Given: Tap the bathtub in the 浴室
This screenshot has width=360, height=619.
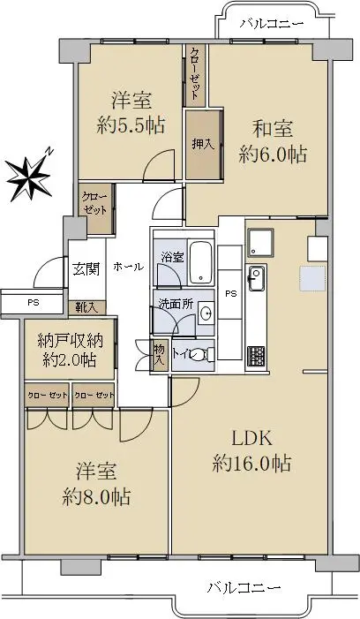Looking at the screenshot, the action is pyautogui.click(x=201, y=262).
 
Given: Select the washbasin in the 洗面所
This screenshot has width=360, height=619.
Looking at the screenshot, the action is pyautogui.click(x=206, y=313).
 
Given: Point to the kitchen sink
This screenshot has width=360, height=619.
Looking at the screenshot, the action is pyautogui.click(x=256, y=278).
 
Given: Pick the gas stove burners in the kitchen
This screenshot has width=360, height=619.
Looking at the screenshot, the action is pyautogui.click(x=256, y=358).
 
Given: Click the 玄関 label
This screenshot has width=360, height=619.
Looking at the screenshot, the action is pyautogui.click(x=86, y=269).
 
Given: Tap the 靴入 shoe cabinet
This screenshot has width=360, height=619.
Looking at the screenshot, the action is pyautogui.click(x=87, y=307).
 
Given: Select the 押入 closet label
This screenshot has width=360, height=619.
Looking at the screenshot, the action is pyautogui.click(x=203, y=145).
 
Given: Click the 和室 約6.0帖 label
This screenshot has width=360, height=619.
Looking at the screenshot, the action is pyautogui.click(x=273, y=141).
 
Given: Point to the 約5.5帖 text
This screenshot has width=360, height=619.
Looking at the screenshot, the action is pyautogui.click(x=131, y=125).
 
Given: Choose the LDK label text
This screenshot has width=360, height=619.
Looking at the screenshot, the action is pyautogui.click(x=251, y=438).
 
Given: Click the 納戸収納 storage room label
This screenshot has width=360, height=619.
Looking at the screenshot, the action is pyautogui.click(x=71, y=341).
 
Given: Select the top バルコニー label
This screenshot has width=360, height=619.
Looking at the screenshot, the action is pyautogui.click(x=272, y=24).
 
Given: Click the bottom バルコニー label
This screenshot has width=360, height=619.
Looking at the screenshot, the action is pyautogui.click(x=244, y=588).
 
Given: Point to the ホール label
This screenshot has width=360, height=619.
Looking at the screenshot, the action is pyautogui.click(x=128, y=267).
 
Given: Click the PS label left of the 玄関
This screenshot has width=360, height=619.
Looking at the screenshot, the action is pyautogui.click(x=34, y=303).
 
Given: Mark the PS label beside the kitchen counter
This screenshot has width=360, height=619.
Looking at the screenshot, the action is pyautogui.click(x=230, y=294).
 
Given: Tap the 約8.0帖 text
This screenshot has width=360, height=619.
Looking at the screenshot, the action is pyautogui.click(x=96, y=498).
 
